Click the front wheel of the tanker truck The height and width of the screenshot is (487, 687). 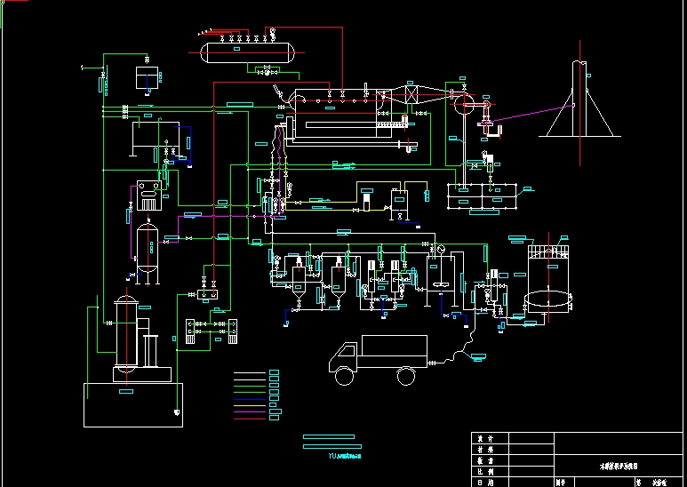click(344, 376)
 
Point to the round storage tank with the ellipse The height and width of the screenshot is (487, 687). click(549, 300)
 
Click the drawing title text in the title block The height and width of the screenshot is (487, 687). click(619, 466)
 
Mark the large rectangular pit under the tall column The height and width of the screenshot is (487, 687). click(133, 404)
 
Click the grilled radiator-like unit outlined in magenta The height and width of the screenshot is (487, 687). click(149, 197)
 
